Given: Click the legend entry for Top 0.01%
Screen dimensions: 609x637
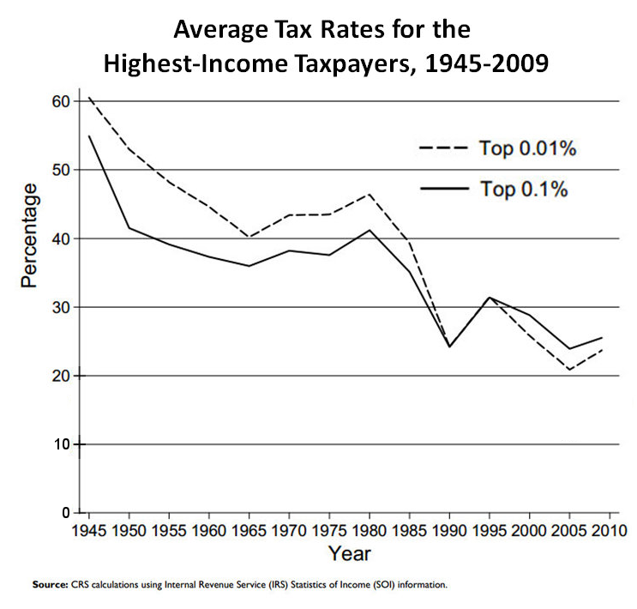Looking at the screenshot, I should [x=497, y=148].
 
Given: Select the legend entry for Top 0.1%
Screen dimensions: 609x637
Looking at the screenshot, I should [x=497, y=190].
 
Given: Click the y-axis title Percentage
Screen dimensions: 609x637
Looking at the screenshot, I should [x=30, y=234].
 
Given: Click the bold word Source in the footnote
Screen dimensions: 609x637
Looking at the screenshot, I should [x=50, y=585].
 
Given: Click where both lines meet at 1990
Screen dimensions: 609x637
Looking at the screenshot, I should [x=449, y=347].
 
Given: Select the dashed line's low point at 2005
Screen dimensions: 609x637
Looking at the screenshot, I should [x=570, y=370].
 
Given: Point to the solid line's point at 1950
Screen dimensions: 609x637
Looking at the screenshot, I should [x=128, y=227].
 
